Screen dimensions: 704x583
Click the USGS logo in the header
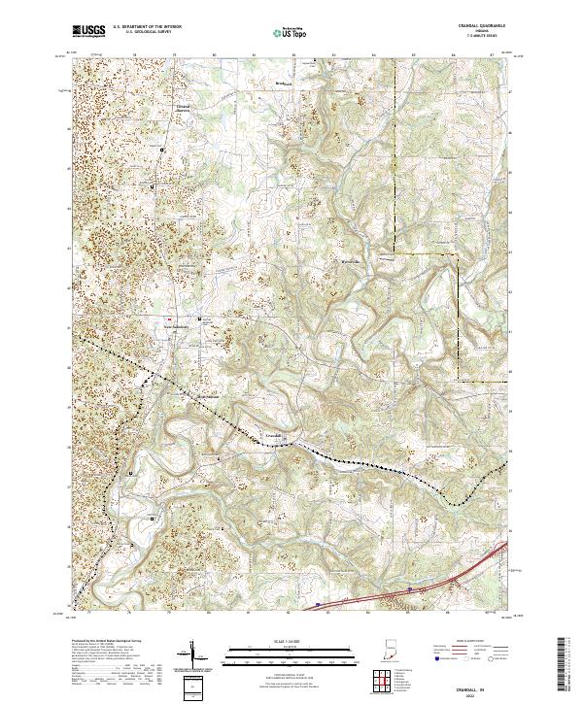89,31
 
